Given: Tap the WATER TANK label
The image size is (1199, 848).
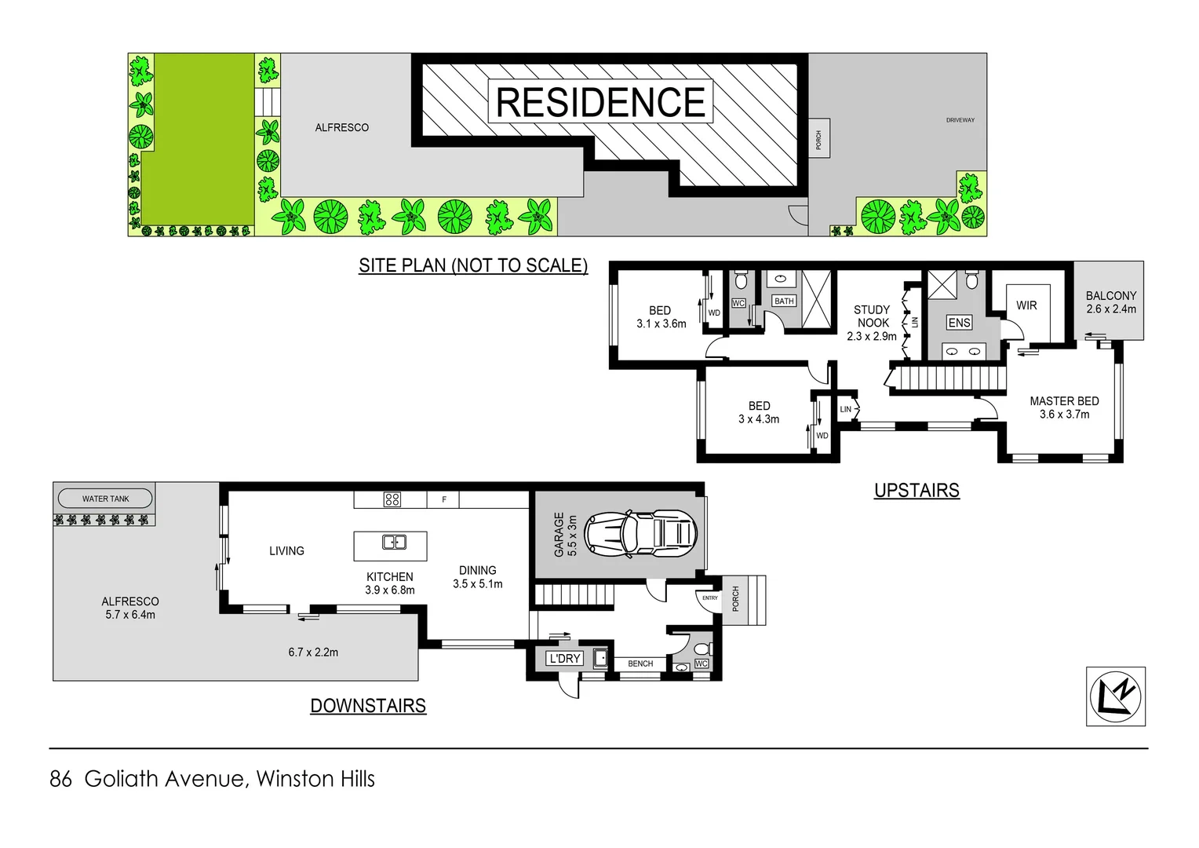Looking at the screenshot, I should [105, 499].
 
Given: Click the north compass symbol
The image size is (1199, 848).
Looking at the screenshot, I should [1115, 696].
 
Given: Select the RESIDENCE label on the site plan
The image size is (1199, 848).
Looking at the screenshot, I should [600, 102].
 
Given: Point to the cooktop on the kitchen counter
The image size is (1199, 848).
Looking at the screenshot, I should [392, 499].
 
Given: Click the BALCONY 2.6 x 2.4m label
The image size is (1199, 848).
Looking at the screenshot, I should [1110, 302].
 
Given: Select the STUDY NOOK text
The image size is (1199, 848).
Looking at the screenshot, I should [872, 316].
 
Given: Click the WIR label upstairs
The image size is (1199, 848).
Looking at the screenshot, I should [1026, 305].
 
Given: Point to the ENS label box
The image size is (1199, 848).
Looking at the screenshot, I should [959, 323].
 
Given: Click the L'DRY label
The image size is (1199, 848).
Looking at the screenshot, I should [565, 659].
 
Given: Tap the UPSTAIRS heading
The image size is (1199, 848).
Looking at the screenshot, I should [917, 490].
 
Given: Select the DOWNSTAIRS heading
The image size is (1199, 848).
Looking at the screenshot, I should [368, 706].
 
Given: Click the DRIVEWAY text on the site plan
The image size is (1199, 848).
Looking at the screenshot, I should [960, 120].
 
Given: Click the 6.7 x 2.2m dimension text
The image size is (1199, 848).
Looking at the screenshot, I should [313, 652].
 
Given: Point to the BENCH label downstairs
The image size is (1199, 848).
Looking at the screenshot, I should [640, 663].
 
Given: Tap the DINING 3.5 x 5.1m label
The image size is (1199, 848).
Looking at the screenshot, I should [477, 577].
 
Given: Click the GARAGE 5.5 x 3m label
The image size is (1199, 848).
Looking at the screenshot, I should [565, 535].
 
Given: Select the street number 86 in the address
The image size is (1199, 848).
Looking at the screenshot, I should [60, 779].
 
